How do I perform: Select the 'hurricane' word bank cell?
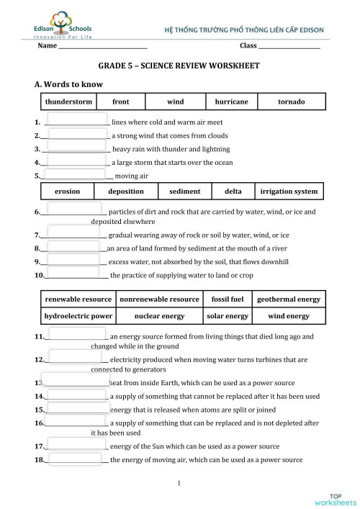coord(232,102)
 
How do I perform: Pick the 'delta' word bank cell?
coord(233,192)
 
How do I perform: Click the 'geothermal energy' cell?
coord(289,299)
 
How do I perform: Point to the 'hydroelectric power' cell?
coord(78,315)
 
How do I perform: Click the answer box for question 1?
coord(76,120)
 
